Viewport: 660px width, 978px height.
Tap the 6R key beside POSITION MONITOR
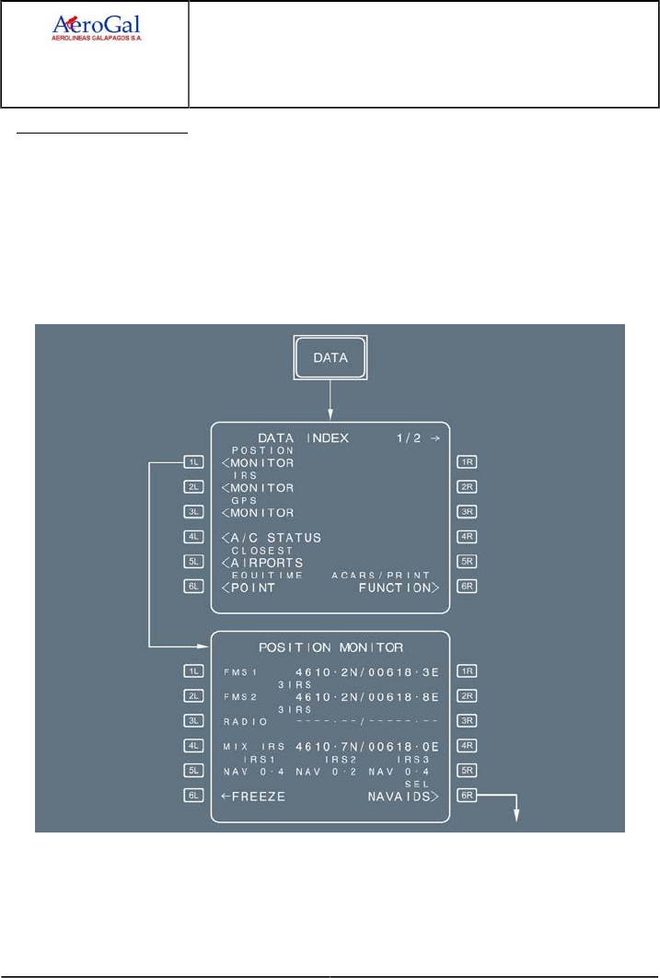(467, 797)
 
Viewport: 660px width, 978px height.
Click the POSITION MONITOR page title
(330, 647)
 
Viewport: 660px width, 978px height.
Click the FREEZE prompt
(253, 797)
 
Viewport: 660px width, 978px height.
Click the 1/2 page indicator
(408, 438)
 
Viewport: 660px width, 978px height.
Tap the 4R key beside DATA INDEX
(467, 538)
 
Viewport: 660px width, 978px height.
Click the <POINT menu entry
(249, 588)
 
